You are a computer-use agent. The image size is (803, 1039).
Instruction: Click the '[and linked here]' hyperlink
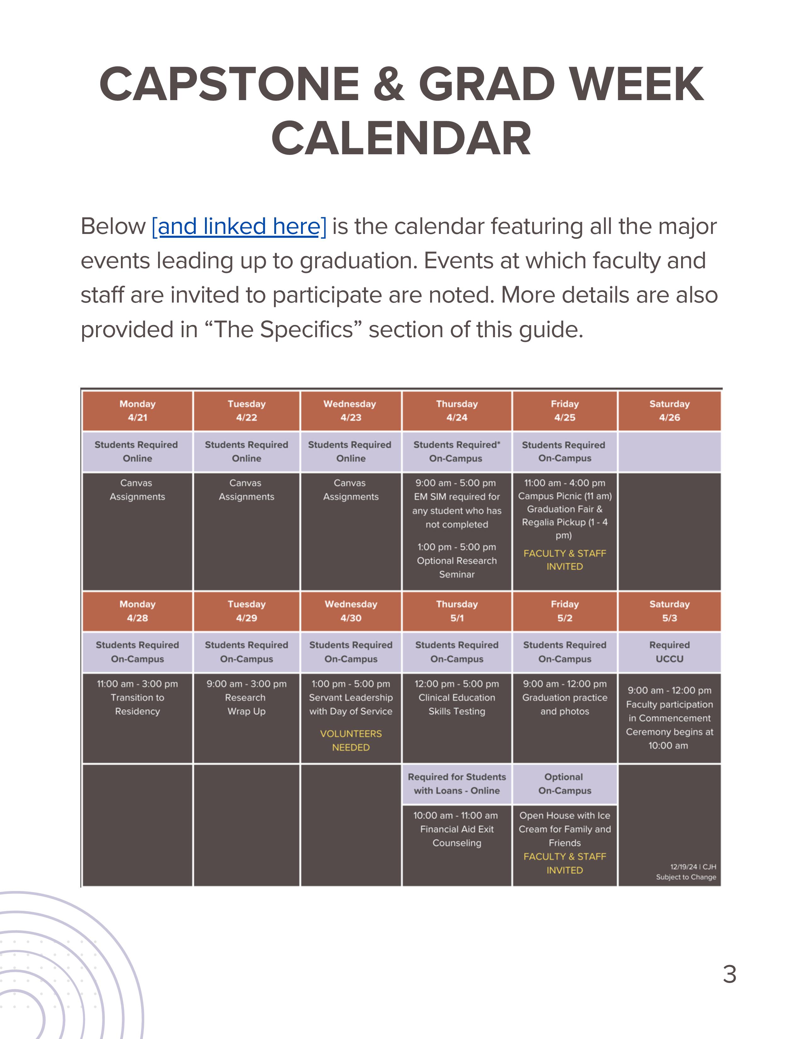239,226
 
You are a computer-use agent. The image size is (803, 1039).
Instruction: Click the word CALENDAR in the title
401,139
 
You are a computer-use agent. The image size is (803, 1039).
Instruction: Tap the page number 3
729,974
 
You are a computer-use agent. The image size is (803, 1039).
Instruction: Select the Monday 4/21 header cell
138,411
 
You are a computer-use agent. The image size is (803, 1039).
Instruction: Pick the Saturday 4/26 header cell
669,411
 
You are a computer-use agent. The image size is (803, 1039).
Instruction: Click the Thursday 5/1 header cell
457,611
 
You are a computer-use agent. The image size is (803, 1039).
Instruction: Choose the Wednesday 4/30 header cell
350,611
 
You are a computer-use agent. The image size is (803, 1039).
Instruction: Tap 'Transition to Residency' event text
138,705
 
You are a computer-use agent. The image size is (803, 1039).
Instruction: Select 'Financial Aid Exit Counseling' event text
457,836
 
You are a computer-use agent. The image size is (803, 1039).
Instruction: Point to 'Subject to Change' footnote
686,877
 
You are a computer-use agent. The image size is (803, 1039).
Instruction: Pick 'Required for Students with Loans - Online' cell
457,784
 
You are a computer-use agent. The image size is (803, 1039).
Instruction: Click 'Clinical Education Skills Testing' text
457,705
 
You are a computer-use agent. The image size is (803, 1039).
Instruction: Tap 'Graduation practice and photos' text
565,705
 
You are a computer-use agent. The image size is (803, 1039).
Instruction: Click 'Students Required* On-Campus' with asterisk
457,452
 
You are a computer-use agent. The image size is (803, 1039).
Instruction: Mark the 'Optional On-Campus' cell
565,784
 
